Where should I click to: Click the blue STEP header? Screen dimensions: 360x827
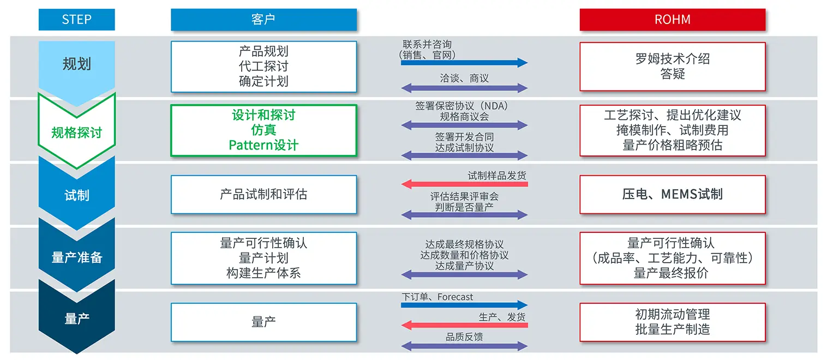[76, 20]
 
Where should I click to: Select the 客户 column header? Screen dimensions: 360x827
[263, 20]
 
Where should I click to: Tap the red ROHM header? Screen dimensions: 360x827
[672, 20]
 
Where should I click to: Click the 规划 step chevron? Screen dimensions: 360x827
[76, 64]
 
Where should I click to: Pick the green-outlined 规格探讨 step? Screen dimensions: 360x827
[76, 132]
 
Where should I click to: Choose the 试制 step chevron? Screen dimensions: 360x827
[76, 195]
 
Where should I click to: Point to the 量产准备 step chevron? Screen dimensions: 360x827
[76, 257]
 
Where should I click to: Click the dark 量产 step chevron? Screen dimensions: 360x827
[76, 319]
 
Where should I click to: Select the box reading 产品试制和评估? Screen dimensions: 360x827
[263, 194]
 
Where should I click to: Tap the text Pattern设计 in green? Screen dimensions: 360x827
[263, 145]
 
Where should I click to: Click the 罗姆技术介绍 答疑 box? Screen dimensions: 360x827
[672, 67]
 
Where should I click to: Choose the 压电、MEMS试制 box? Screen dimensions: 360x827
[672, 194]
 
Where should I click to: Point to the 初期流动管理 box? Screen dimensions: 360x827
[672, 322]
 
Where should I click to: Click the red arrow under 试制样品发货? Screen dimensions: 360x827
[464, 184]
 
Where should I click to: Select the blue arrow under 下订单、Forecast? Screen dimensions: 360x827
[464, 305]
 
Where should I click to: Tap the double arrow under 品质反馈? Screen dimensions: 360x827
[464, 346]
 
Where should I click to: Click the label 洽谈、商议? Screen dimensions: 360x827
[464, 79]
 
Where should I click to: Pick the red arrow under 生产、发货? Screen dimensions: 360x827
[464, 326]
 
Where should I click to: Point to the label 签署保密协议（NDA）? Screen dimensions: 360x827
[462, 106]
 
